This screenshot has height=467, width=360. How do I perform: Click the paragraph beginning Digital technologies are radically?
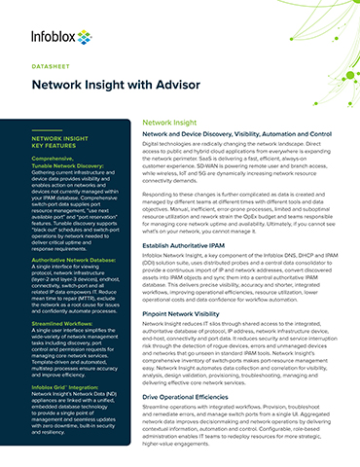[243, 165]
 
